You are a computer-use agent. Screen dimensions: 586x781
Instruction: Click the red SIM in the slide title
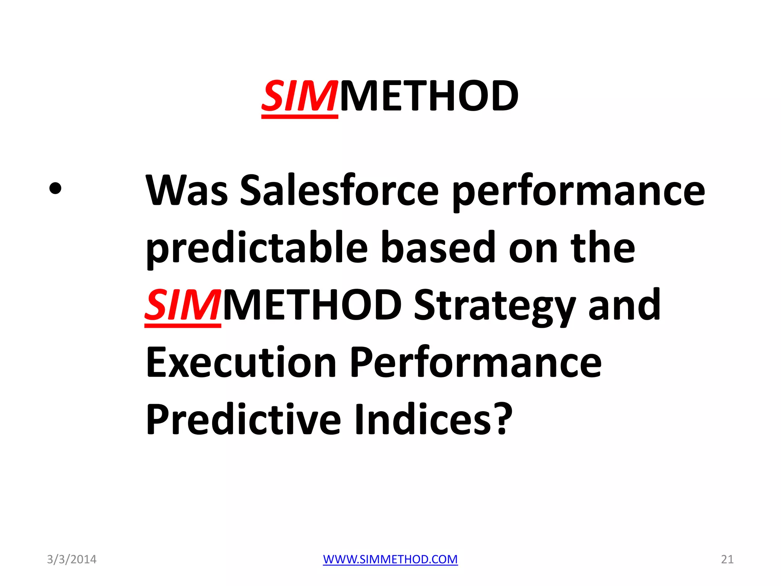[x=299, y=96]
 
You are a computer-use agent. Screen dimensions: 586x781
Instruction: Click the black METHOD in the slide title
[x=429, y=96]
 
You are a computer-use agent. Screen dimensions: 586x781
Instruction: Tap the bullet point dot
[x=55, y=188]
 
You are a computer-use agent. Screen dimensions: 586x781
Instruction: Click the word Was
[x=187, y=190]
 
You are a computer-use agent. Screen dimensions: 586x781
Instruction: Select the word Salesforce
[x=339, y=190]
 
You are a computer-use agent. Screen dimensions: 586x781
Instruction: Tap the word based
[x=438, y=248]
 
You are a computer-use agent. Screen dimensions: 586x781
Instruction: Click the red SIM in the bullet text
[x=183, y=305]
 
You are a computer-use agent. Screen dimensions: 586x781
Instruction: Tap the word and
[x=624, y=305]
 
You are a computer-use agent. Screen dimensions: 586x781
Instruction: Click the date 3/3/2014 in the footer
[x=72, y=559]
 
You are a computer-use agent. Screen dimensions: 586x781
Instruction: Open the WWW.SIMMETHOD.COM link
[x=390, y=559]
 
